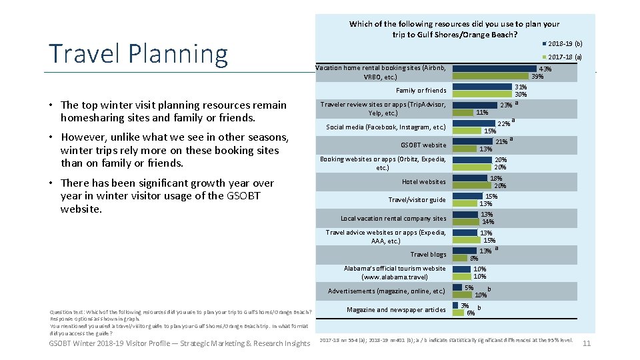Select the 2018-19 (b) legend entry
click(563, 43)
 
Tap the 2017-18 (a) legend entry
click(563, 57)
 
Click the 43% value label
click(545, 69)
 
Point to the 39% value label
click(537, 77)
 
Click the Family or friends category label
click(421, 91)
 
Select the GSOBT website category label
click(423, 145)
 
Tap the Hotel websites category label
click(424, 181)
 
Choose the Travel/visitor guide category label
click(417, 200)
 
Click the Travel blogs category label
click(429, 255)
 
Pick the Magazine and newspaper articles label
click(397, 309)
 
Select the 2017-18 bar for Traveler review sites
click(463, 113)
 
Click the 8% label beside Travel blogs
click(474, 258)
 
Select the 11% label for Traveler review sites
click(481, 113)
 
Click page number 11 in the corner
click(587, 343)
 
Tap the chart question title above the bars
click(454, 29)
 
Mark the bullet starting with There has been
click(167, 195)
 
